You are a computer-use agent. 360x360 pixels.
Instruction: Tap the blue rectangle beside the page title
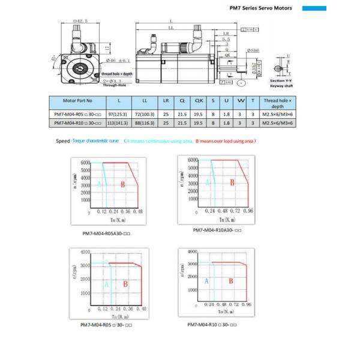[x=314, y=9]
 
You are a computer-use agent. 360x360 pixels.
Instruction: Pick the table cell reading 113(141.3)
[x=119, y=122]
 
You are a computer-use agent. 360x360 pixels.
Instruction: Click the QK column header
[x=200, y=101]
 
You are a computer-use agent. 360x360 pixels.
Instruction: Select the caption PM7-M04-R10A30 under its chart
[x=217, y=230]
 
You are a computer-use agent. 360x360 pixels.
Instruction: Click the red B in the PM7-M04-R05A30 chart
[x=122, y=185]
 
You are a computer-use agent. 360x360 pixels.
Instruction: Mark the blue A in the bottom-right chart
[x=206, y=281]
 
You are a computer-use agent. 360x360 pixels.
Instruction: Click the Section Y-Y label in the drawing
[x=281, y=80]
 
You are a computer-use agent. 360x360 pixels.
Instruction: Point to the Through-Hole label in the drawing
[x=114, y=85]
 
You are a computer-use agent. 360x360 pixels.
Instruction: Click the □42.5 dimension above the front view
[x=79, y=22]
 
